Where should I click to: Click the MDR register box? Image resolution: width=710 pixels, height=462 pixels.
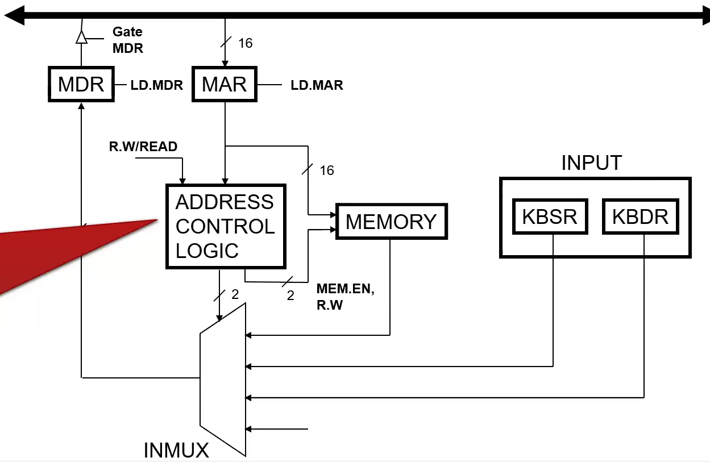click(x=81, y=84)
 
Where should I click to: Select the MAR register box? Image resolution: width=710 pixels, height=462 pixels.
click(x=225, y=84)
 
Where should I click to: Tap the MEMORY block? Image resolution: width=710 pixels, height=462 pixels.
click(x=391, y=221)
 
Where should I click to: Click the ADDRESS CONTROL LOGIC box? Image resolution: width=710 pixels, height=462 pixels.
click(x=226, y=226)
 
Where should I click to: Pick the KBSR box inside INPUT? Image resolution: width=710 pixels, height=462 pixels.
click(x=549, y=217)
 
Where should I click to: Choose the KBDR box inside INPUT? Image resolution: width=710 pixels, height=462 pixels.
click(x=640, y=217)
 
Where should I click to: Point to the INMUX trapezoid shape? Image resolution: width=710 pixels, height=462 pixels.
click(x=223, y=380)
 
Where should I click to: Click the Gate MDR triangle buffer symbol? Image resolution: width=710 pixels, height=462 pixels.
click(x=81, y=38)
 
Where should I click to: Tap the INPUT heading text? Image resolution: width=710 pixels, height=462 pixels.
click(x=591, y=163)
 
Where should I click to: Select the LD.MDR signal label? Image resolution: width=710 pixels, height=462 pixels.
click(x=157, y=85)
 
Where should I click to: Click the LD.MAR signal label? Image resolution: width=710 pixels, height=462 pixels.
click(x=317, y=85)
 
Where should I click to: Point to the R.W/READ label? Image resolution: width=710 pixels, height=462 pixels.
click(x=143, y=147)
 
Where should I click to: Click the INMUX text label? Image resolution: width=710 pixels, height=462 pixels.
click(x=176, y=451)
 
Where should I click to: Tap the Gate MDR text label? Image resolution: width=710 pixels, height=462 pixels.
click(x=128, y=40)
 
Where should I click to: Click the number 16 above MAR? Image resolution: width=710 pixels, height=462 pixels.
click(x=246, y=43)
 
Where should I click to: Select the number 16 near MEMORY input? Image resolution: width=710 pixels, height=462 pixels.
click(x=327, y=170)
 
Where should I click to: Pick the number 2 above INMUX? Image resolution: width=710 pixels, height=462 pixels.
click(x=235, y=294)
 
